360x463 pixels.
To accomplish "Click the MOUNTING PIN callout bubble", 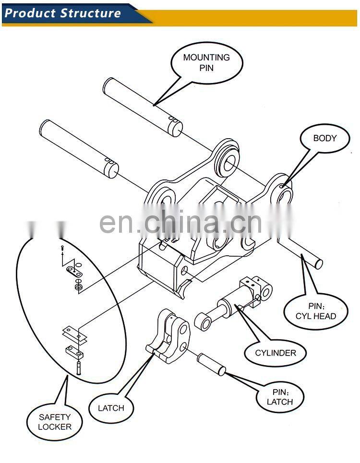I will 206,63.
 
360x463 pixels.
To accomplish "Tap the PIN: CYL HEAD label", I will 315,311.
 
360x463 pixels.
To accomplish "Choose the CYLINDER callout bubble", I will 276,353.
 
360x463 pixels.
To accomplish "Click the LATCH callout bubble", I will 111,408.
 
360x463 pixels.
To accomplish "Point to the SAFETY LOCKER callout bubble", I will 55,422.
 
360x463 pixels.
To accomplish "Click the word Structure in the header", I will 90,13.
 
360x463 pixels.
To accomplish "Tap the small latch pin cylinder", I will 211,364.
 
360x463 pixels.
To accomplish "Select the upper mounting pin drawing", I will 143,107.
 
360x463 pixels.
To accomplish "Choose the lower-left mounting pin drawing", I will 79,148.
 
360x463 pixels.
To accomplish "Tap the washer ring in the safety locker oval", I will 78,287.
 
